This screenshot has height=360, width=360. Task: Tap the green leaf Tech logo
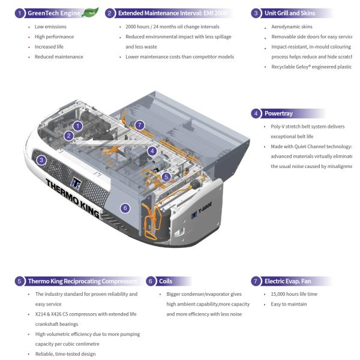(x=91, y=11)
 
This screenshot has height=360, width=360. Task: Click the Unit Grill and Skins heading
(x=290, y=13)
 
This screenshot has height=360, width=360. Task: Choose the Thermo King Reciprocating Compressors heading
(x=82, y=281)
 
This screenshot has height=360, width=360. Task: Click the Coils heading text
(x=166, y=281)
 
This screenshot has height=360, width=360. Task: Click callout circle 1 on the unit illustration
(x=78, y=125)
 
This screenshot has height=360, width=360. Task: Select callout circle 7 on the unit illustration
(x=140, y=125)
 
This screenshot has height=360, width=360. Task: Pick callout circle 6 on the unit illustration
(x=125, y=208)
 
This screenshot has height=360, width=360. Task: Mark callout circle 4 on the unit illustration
(x=152, y=151)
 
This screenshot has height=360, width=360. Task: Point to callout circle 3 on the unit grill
(x=41, y=160)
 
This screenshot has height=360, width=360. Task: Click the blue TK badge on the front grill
(x=76, y=182)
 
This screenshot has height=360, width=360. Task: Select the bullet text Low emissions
(x=51, y=27)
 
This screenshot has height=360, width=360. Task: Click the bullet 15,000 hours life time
(x=293, y=294)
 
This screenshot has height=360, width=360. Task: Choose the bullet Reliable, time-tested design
(x=65, y=354)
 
